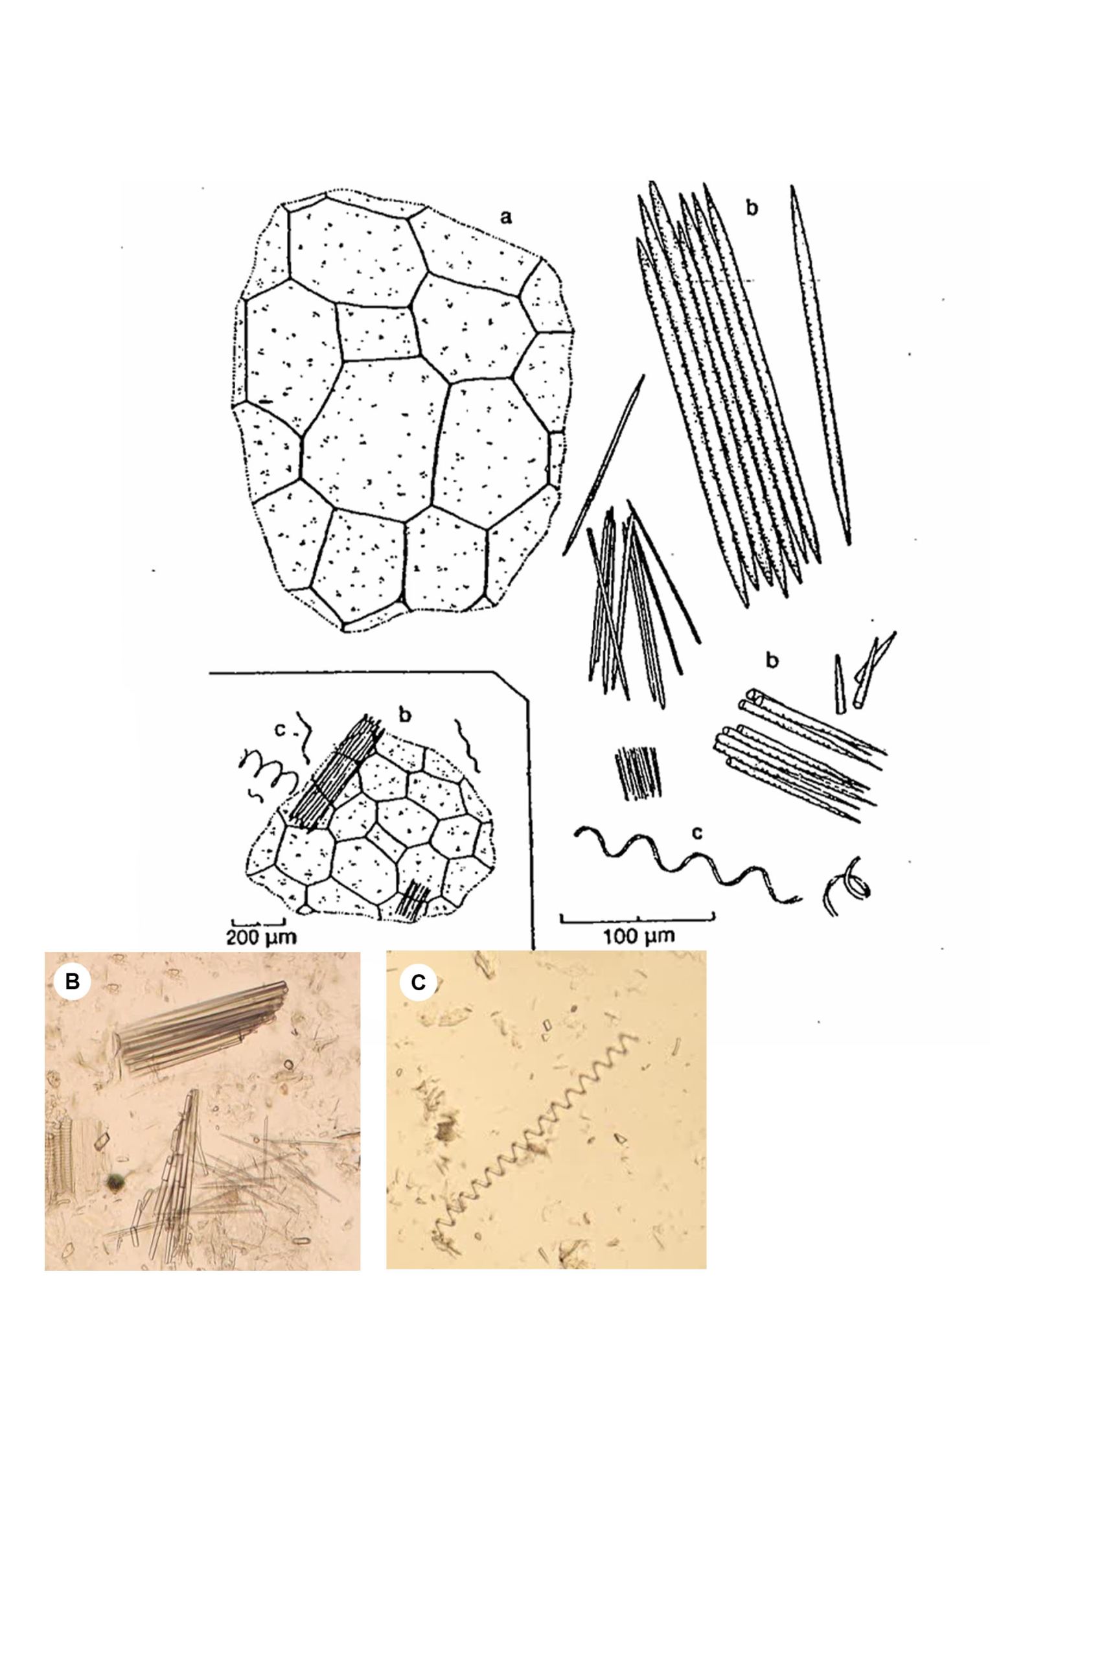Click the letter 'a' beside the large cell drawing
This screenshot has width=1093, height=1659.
tap(506, 218)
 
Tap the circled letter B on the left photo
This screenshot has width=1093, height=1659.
tap(72, 980)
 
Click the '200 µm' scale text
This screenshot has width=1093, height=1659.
tap(261, 936)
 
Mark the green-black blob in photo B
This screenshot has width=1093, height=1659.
tap(115, 1180)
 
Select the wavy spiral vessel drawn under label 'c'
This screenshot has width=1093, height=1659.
tap(687, 865)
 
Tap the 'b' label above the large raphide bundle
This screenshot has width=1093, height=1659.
tap(752, 208)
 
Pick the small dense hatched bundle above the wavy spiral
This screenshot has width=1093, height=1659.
tap(636, 773)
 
